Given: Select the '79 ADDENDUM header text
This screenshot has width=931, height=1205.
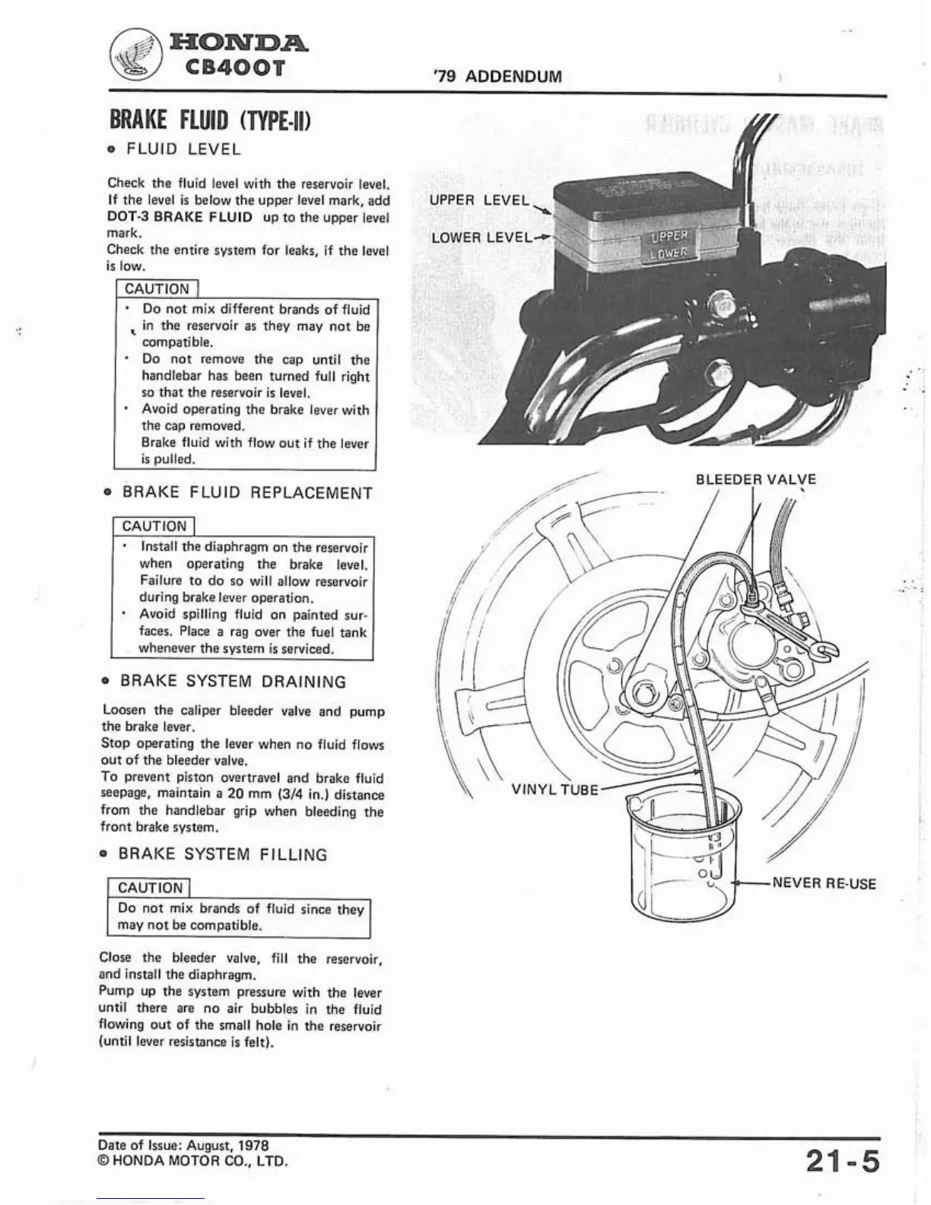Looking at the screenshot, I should (x=496, y=76).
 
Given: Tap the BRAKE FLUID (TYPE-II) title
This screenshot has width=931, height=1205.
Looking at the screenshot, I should (x=211, y=120).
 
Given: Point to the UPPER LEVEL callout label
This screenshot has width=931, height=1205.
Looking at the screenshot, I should (x=478, y=200).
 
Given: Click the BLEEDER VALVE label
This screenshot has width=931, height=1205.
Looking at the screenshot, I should (x=755, y=479).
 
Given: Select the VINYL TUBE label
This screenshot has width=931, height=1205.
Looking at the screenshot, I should (x=554, y=790).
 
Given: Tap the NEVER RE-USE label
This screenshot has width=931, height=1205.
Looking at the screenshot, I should (x=824, y=883).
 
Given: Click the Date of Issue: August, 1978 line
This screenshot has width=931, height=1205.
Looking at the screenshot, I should (x=183, y=1145).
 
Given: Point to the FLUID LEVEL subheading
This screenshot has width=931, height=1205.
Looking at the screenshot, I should (x=183, y=149).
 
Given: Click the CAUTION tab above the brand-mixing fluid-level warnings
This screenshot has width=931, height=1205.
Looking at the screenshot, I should (x=157, y=289).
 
